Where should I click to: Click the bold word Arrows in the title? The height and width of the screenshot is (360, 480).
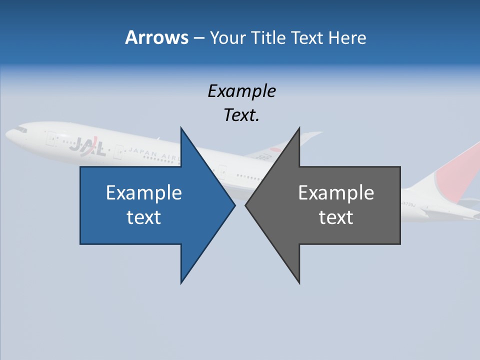[156, 37]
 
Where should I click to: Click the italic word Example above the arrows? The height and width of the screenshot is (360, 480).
[241, 91]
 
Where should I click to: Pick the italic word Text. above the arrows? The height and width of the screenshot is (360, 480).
[241, 115]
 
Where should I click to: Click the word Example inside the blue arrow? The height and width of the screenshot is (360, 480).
[144, 192]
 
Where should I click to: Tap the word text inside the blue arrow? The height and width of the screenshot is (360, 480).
[144, 217]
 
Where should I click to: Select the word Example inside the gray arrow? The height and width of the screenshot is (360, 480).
[336, 192]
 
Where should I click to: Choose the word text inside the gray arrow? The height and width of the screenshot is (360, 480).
[336, 217]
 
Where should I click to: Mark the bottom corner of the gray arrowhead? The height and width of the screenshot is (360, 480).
[299, 282]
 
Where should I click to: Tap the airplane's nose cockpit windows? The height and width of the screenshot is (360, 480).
[20, 129]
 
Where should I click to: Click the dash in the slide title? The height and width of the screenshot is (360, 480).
[198, 38]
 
